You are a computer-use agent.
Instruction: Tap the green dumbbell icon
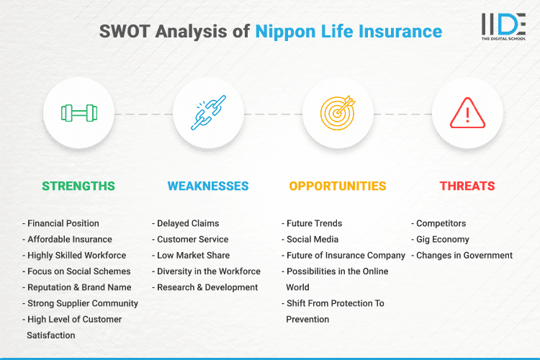click(78, 113)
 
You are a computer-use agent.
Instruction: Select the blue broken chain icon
click(208, 113)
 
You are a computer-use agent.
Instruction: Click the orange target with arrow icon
click(338, 113)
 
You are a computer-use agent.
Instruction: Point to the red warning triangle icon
click(467, 113)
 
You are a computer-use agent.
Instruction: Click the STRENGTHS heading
click(78, 186)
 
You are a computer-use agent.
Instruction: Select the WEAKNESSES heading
click(208, 186)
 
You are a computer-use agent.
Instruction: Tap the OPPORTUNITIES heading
click(338, 186)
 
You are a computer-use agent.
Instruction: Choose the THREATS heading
click(467, 186)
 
